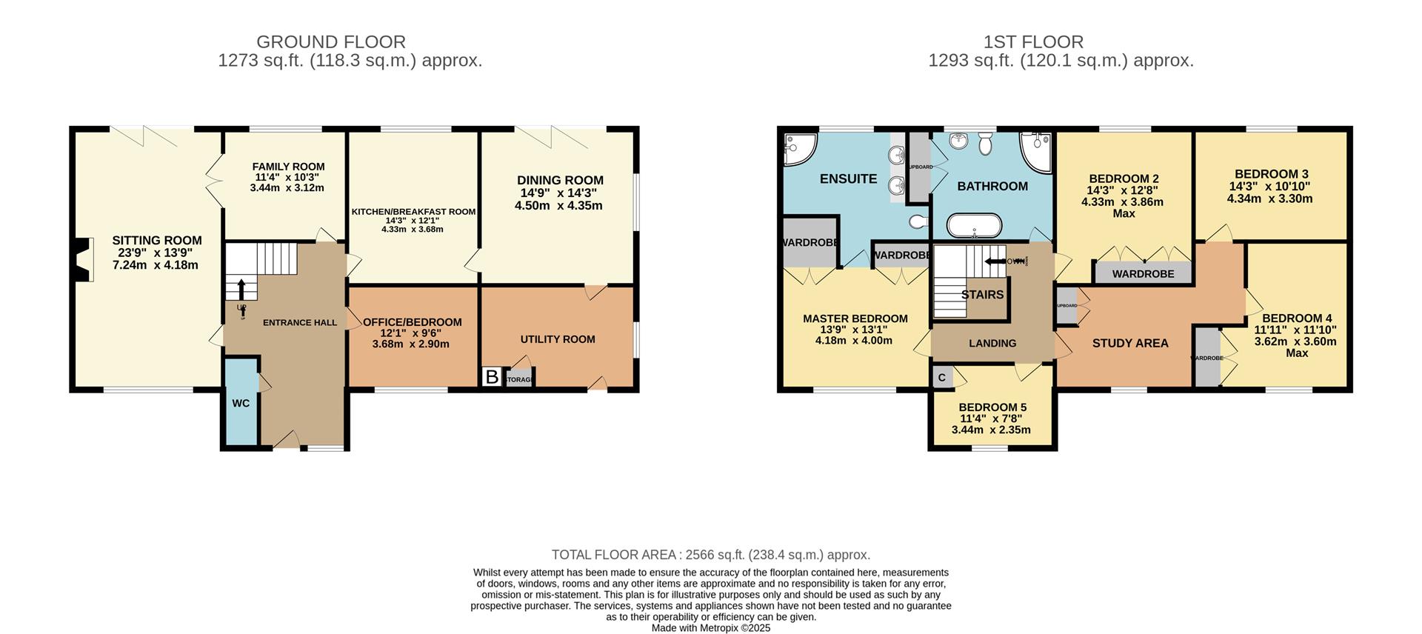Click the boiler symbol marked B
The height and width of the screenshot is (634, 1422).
coord(491,377)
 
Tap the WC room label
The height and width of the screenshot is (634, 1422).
coord(241,404)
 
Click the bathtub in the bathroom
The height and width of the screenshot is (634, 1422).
coord(975,224)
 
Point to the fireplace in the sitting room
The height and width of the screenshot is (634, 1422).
coord(84,259)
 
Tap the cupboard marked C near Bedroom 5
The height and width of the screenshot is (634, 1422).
coord(942,377)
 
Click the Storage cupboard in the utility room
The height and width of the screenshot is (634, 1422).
coord(519,379)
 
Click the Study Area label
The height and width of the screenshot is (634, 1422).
coord(1130,343)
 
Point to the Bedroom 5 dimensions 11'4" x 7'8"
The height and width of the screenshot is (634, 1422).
coord(992,418)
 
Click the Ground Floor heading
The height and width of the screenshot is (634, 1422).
coord(331,42)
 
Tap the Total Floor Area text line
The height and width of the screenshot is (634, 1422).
coord(711,555)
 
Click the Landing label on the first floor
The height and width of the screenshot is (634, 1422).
coord(992,343)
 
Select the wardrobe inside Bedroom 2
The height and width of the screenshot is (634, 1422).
coord(1143,273)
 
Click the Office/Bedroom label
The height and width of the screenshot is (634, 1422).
coord(413,322)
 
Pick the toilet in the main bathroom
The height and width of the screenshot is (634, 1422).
coord(986,144)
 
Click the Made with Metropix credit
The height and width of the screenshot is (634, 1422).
coord(711,628)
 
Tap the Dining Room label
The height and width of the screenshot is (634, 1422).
coord(560,180)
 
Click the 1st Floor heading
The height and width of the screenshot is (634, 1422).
coord(1033,42)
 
